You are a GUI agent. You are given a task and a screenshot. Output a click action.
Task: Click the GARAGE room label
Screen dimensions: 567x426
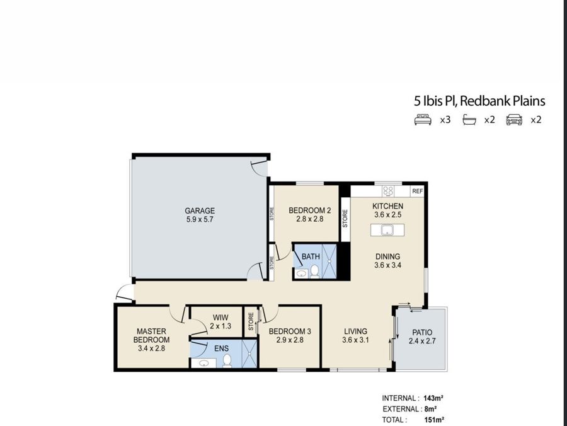(200, 210)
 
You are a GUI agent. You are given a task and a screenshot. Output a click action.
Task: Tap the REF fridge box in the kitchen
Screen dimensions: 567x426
(417, 192)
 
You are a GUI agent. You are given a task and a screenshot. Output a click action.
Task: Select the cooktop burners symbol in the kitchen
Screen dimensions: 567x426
(388, 191)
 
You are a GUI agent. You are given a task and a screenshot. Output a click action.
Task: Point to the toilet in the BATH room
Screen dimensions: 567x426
(314, 271)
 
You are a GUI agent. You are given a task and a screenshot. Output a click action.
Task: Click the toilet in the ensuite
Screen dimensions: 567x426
(227, 360)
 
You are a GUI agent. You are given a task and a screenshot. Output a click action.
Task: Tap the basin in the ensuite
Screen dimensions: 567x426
(204, 363)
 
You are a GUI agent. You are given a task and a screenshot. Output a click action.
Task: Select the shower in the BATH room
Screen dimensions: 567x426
(329, 261)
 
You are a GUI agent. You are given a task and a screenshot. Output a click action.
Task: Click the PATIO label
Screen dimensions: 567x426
(422, 332)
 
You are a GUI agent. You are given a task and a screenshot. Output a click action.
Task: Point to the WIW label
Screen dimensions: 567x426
(220, 318)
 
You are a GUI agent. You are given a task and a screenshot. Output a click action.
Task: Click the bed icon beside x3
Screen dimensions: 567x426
(423, 120)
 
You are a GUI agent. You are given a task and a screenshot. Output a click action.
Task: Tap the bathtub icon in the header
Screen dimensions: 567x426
(469, 120)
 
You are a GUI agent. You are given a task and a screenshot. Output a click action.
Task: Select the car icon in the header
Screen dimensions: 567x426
(514, 120)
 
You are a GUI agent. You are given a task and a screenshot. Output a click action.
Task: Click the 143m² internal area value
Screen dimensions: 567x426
(433, 398)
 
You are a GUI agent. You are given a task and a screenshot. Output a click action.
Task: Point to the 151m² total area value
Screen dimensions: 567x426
(434, 420)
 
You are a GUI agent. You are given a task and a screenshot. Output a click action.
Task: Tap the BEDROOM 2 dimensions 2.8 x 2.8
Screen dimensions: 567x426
(309, 219)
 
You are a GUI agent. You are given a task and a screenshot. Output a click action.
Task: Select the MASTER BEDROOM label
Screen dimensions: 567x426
(151, 335)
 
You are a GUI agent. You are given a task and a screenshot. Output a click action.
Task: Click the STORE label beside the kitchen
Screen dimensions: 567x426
(345, 219)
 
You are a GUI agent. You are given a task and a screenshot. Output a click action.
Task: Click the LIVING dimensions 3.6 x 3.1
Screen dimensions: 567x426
(355, 340)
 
